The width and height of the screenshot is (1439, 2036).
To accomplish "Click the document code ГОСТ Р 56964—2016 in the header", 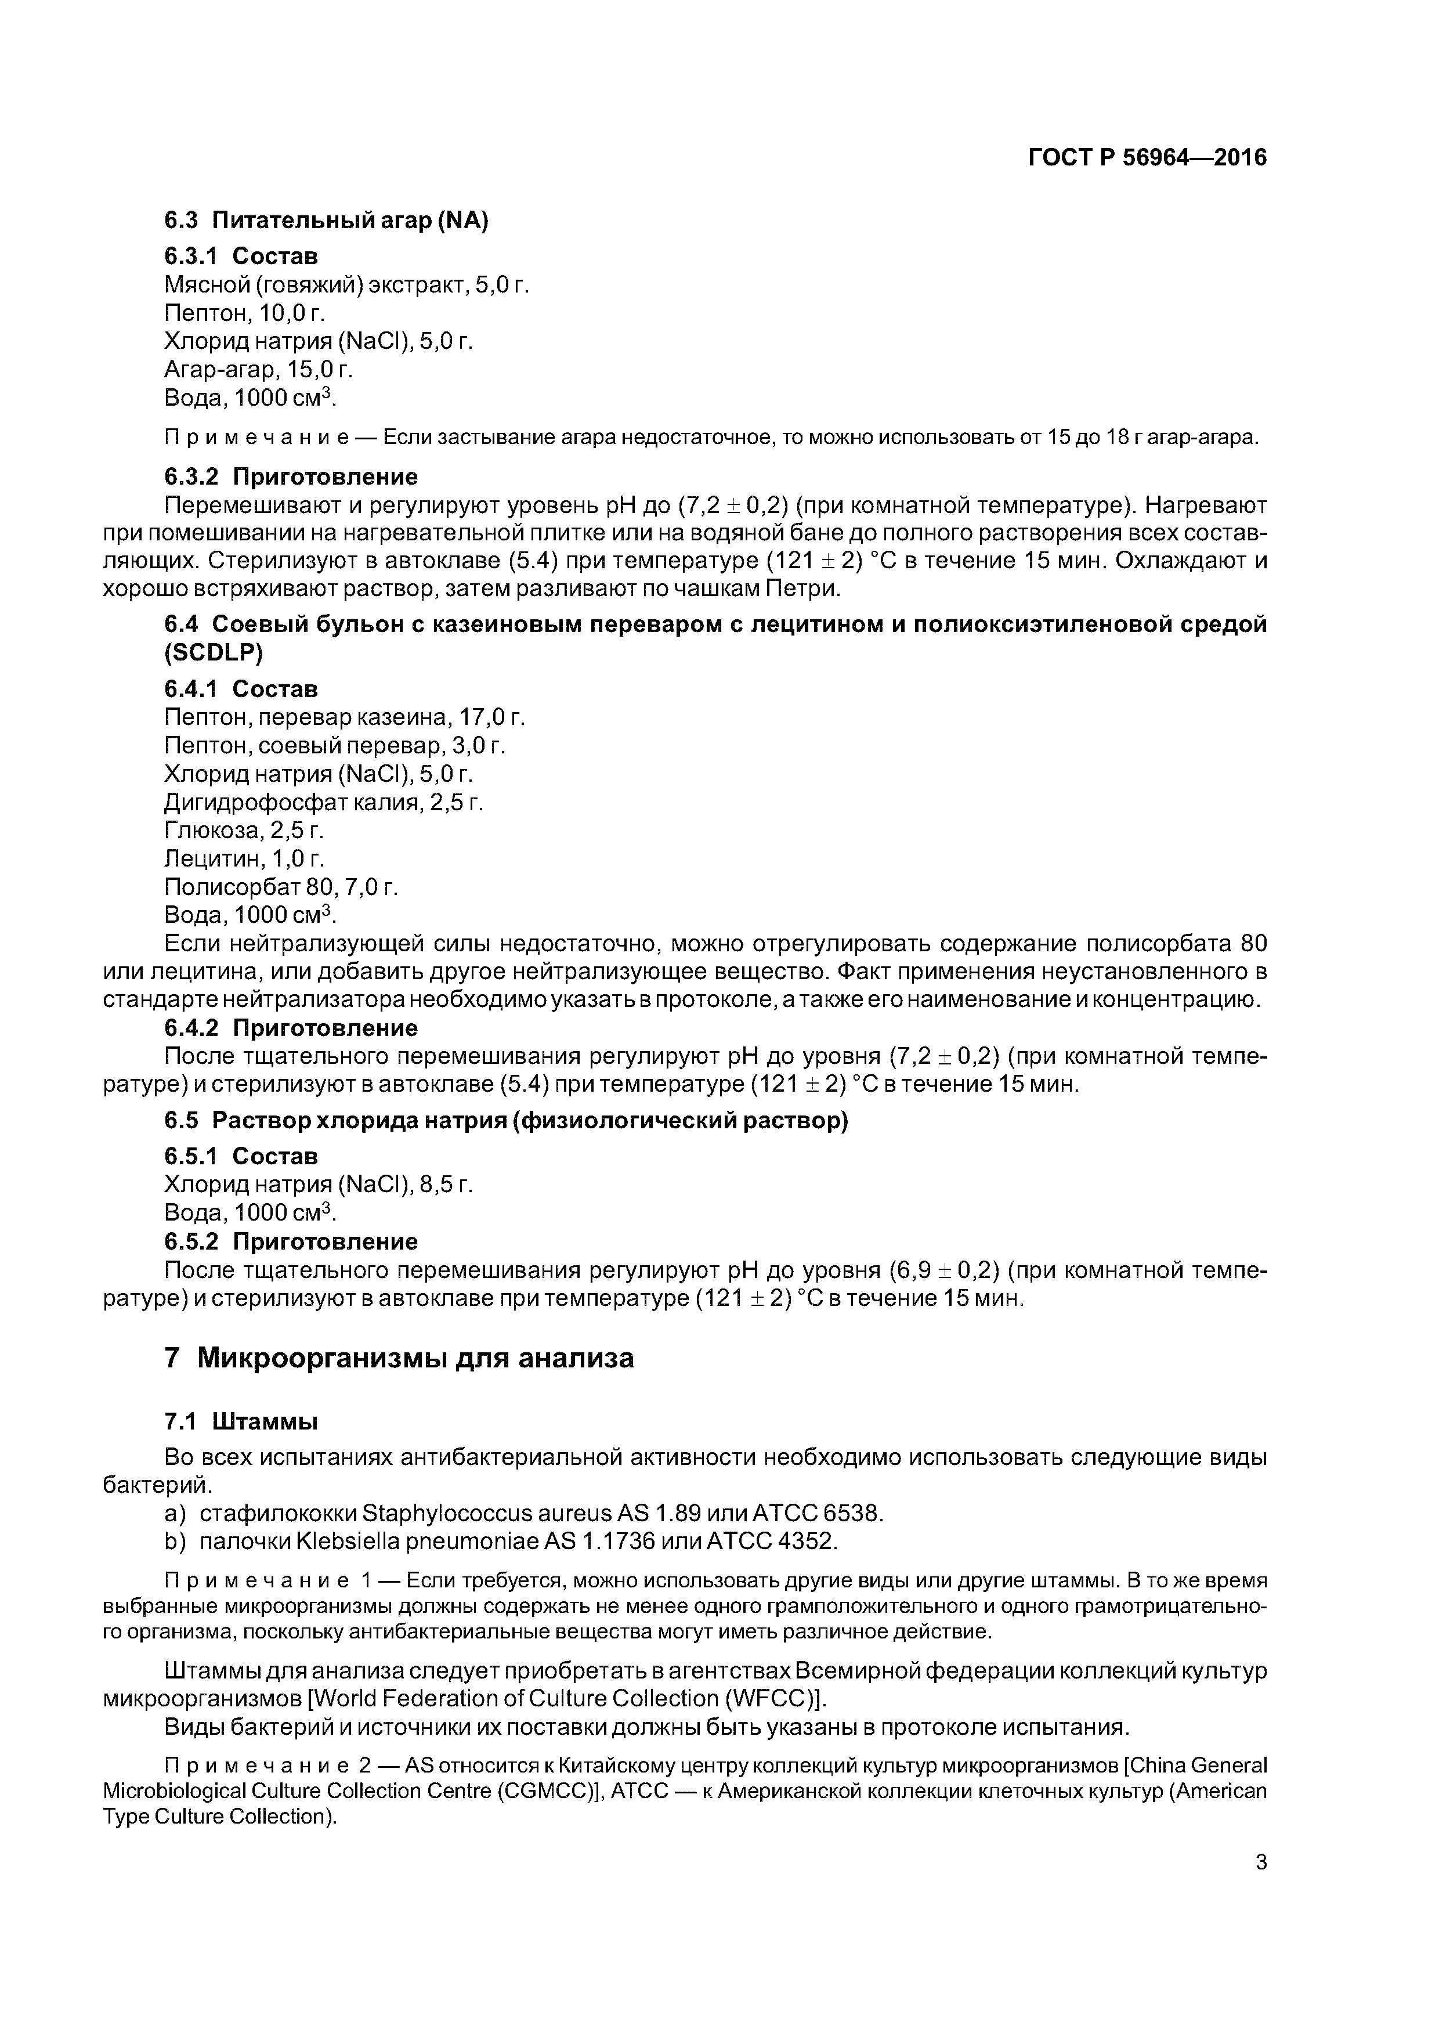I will point(1147,158).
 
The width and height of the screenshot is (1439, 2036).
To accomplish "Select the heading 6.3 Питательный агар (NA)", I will point(326,221).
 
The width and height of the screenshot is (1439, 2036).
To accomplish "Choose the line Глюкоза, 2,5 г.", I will point(244,831).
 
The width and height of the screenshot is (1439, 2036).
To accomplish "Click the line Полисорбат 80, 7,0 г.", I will point(281,887).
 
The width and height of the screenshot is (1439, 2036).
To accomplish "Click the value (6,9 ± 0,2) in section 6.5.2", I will point(944,1270).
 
